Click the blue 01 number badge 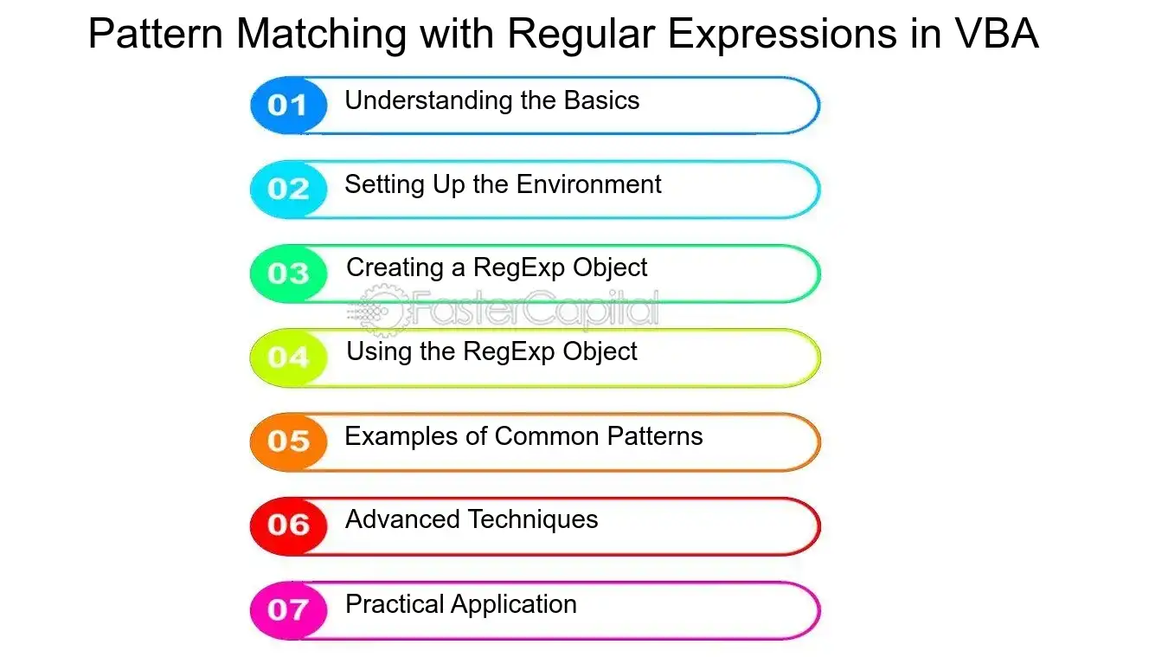coord(288,105)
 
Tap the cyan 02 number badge coord(288,189)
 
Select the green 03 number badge coord(288,274)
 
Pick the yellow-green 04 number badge coord(288,357)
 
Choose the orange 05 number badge coord(288,441)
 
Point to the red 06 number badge coord(288,525)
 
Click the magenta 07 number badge coord(288,609)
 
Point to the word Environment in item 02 coord(588,184)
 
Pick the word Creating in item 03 coord(395,268)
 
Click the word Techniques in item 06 coord(533,519)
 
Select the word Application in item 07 coord(514,605)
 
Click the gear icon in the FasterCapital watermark coord(383,311)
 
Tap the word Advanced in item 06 coord(402,519)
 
